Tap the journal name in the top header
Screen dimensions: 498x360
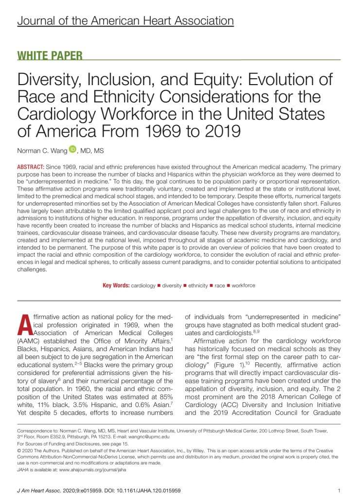click(126, 21)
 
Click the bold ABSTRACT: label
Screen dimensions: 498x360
click(33, 167)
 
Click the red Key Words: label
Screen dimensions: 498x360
click(116, 285)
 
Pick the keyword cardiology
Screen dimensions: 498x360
click(143, 285)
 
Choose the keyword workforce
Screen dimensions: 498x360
click(243, 285)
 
